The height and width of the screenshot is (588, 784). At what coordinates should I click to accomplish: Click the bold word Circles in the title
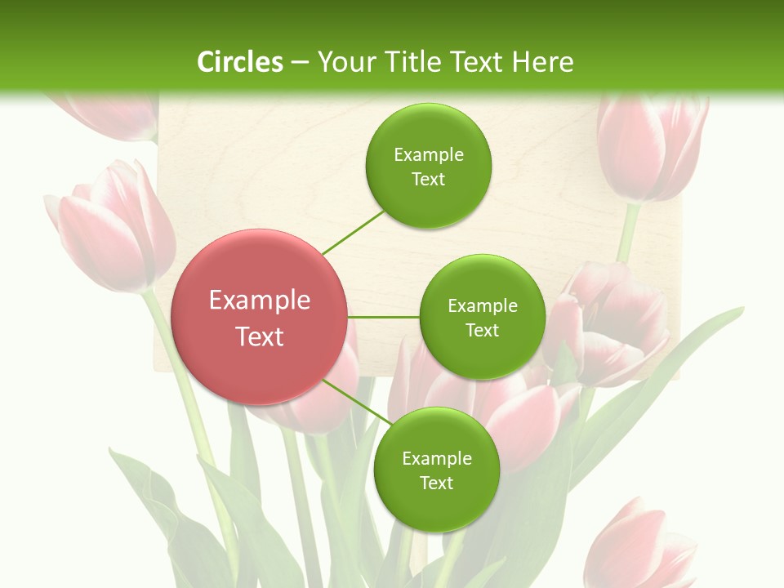(239, 62)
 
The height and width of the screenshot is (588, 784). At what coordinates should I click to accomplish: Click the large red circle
(260, 317)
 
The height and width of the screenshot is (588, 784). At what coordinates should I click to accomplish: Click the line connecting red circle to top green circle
(353, 232)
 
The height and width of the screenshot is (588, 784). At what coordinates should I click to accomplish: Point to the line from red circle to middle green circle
(384, 317)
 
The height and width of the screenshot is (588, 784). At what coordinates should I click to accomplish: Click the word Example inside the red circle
(260, 301)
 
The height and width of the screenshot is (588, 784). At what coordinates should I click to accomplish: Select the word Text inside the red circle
(260, 336)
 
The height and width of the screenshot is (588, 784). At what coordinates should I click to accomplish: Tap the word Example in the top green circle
(429, 155)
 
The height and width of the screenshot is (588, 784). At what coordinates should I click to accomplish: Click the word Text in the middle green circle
(482, 331)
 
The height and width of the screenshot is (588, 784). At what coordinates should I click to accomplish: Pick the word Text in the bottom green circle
(436, 483)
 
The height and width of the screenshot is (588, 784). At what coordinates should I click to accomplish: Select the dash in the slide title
(300, 63)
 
